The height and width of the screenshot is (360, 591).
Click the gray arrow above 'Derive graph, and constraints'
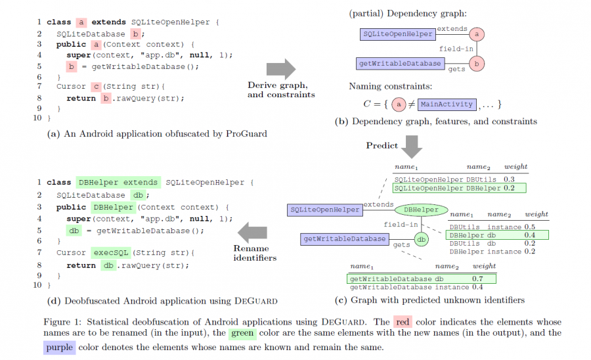pyautogui.click(x=280, y=68)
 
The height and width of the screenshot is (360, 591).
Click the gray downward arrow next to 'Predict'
pyautogui.click(x=412, y=146)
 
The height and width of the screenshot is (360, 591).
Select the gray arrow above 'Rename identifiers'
pyautogui.click(x=252, y=232)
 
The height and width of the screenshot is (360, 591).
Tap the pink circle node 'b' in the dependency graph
pyautogui.click(x=477, y=64)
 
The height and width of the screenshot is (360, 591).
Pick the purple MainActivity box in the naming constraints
pyautogui.click(x=447, y=104)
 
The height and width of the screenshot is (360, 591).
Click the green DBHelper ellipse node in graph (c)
pyautogui.click(x=421, y=210)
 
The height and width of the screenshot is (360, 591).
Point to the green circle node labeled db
pyautogui.click(x=422, y=240)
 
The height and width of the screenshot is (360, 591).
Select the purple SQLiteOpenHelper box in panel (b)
pyautogui.click(x=397, y=34)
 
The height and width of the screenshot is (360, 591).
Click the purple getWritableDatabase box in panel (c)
pyautogui.click(x=345, y=239)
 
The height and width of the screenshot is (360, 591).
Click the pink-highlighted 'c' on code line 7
pyautogui.click(x=96, y=86)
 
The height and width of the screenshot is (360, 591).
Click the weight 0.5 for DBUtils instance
pyautogui.click(x=529, y=227)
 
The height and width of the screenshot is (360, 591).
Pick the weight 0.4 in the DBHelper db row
pyautogui.click(x=529, y=235)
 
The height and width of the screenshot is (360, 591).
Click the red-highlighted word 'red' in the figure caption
pyautogui.click(x=402, y=322)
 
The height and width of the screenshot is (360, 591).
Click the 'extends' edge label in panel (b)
pyautogui.click(x=452, y=29)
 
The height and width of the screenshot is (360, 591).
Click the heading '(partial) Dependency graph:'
pyautogui.click(x=407, y=13)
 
